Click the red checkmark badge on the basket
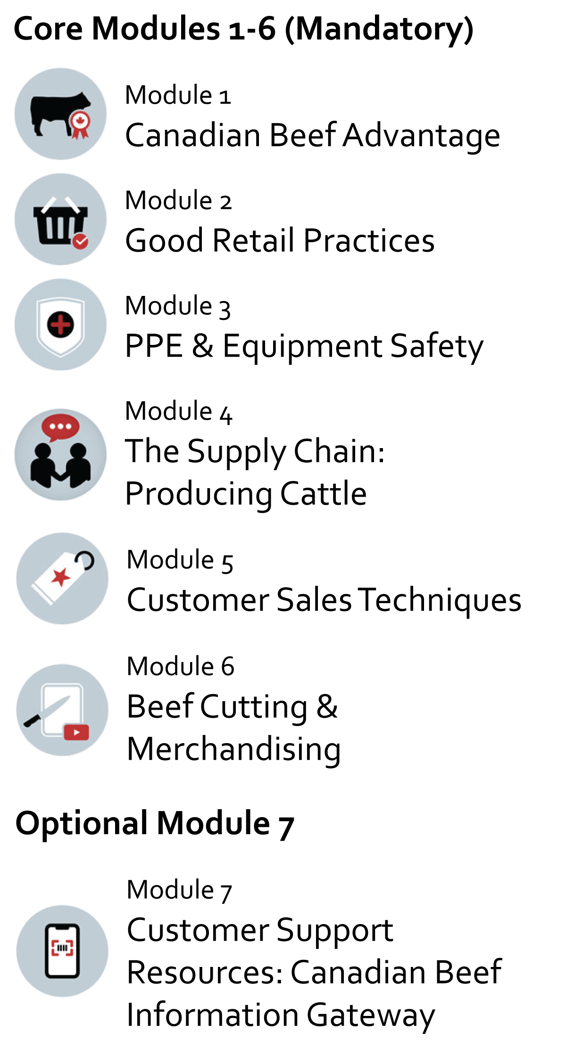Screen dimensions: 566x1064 [x=80, y=241]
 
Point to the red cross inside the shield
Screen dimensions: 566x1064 [x=60, y=324]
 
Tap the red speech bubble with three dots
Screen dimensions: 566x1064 [x=60, y=427]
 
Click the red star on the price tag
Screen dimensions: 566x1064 [x=60, y=576]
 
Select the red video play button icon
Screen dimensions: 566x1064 [x=76, y=732]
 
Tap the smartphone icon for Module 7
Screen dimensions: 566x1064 [x=62, y=951]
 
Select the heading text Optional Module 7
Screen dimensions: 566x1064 [x=155, y=824]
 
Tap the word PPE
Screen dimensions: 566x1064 [x=154, y=346]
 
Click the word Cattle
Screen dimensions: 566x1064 [x=324, y=493]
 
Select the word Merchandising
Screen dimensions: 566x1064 [x=234, y=750]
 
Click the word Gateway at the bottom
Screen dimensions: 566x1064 [x=371, y=1015]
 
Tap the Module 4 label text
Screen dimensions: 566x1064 [x=179, y=411]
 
